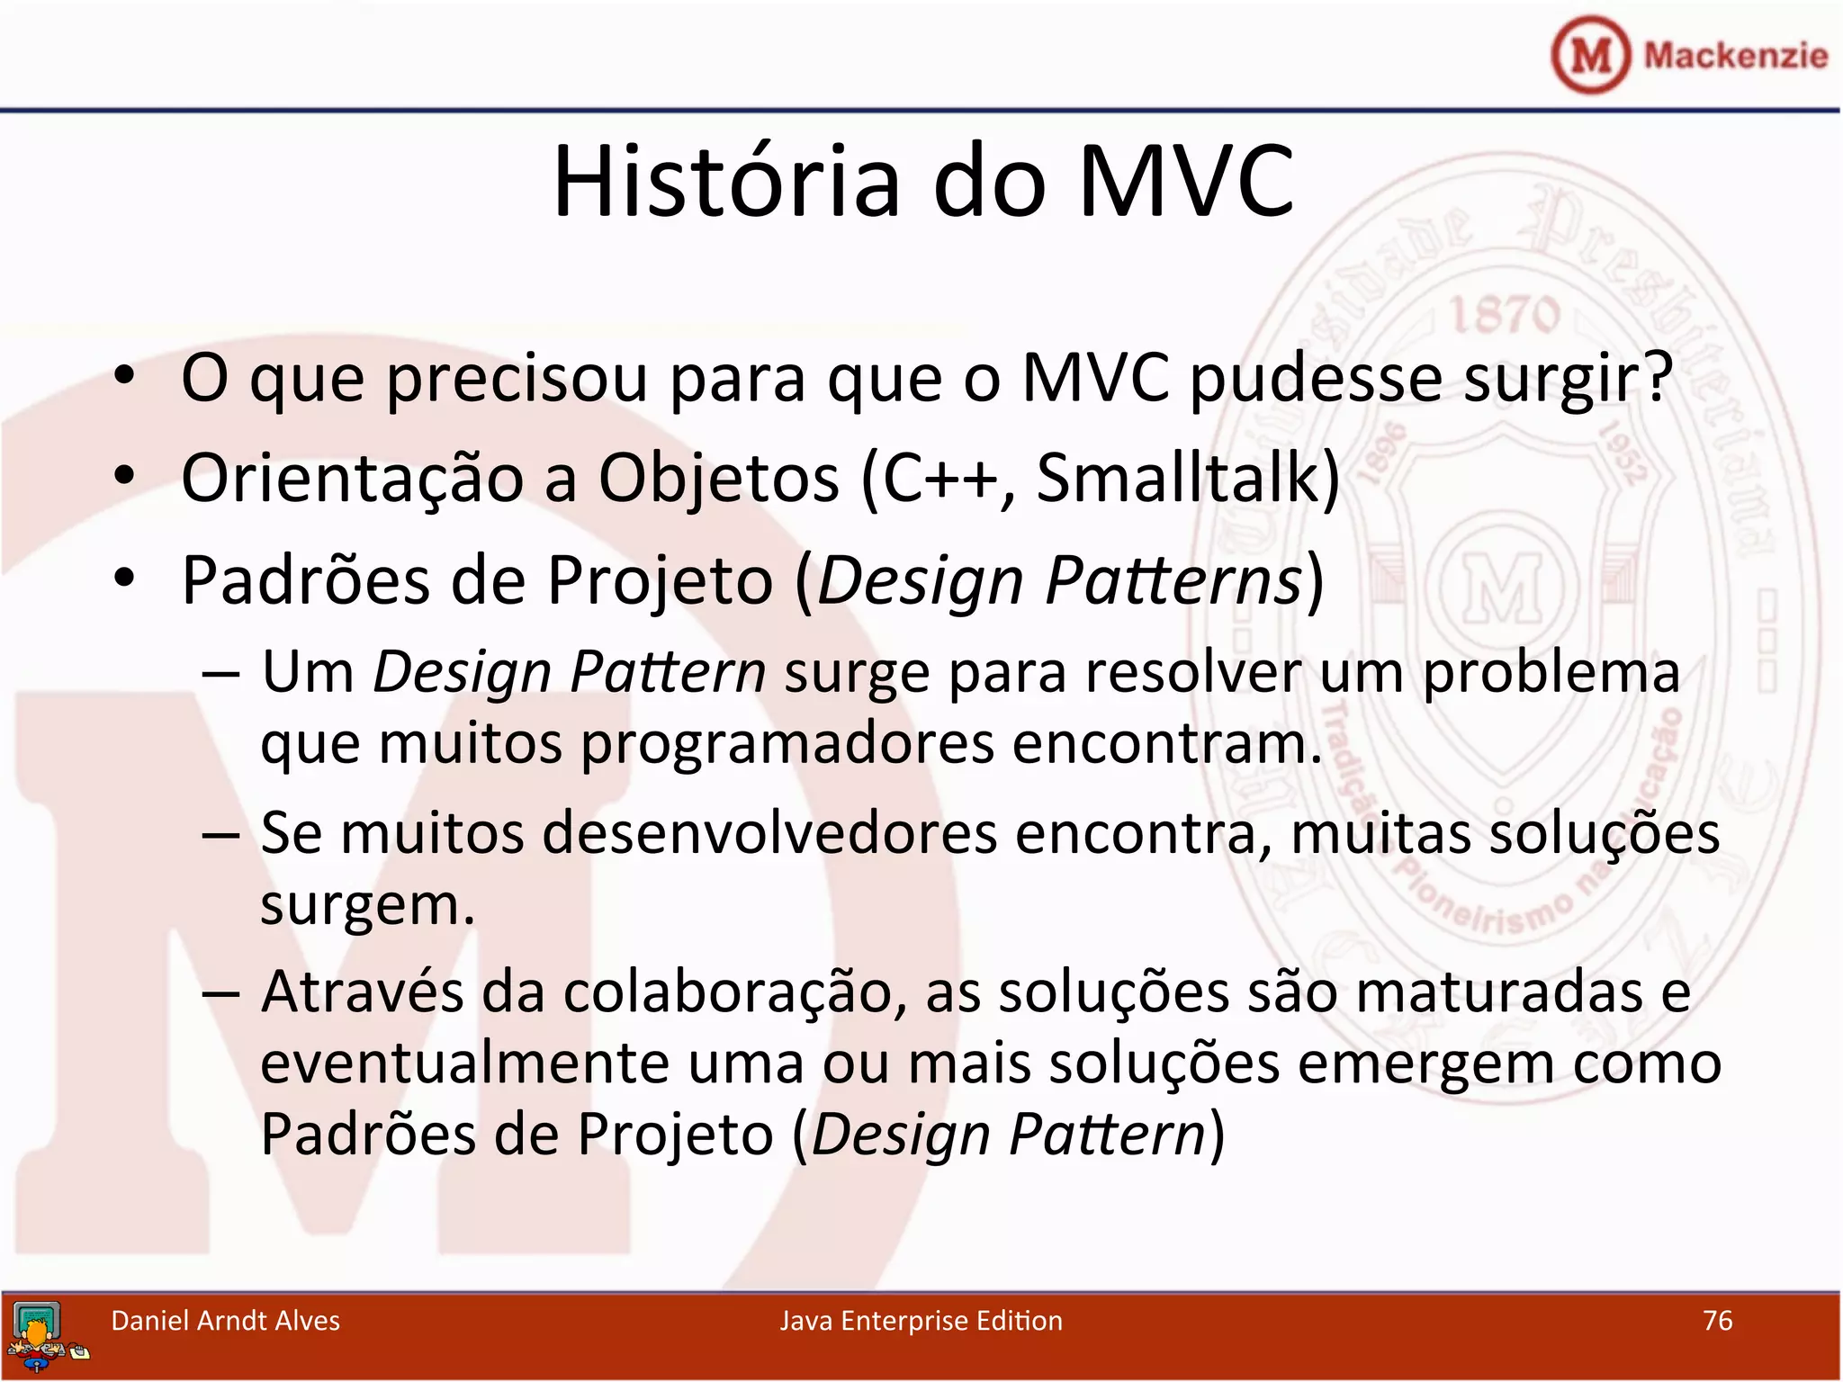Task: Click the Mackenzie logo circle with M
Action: click(x=1590, y=55)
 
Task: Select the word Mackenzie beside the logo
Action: click(x=1735, y=55)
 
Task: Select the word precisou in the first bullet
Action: click(x=517, y=379)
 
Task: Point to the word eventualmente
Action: click(x=464, y=1063)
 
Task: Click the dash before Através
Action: click(x=220, y=993)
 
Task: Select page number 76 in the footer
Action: click(x=1717, y=1320)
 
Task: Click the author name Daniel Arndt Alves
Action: click(x=225, y=1320)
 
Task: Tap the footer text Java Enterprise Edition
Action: click(x=921, y=1320)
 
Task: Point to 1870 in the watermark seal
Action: click(x=1505, y=315)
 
